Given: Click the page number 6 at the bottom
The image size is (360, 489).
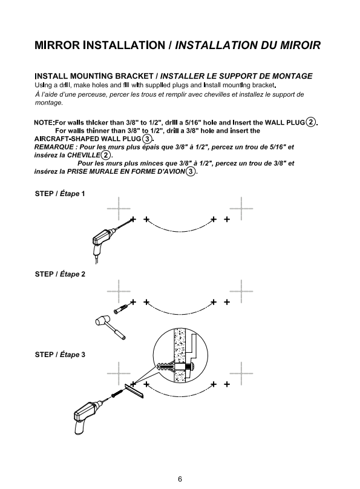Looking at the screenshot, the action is [180, 479].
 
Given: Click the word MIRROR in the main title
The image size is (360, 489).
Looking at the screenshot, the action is [57, 45].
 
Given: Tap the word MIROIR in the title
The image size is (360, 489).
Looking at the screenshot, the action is [300, 45].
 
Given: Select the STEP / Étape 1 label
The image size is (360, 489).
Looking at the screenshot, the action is [60, 194].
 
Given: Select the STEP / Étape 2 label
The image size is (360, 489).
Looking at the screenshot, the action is [60, 274].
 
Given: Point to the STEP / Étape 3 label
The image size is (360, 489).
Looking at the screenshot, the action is [60, 355].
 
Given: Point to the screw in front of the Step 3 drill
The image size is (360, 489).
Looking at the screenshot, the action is [117, 394].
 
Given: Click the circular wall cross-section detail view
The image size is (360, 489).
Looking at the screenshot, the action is [180, 355].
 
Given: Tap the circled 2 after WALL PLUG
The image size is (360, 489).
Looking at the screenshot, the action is [311, 122].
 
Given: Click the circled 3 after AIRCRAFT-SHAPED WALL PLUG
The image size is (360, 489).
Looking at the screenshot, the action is [147, 139].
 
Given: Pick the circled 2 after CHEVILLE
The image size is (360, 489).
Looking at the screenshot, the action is [106, 155].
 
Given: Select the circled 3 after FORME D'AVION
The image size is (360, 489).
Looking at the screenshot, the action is [191, 171].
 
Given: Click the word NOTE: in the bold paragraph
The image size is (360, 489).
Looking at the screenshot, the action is [44, 123].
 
